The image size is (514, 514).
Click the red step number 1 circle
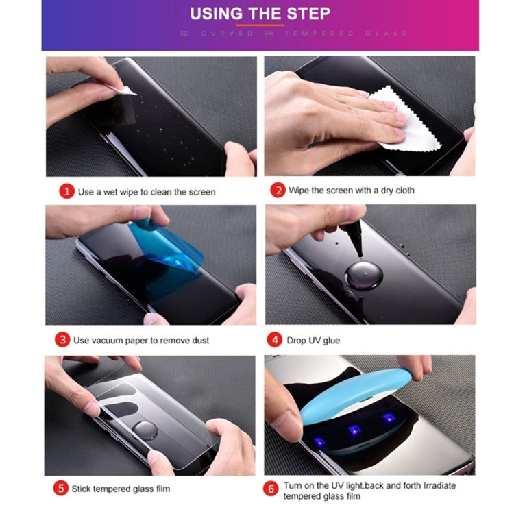coord(66,192)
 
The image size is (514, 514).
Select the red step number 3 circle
coord(62,339)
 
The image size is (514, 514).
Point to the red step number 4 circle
coord(275,339)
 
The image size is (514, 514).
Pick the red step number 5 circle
coord(62,489)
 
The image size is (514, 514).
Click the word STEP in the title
coord(306,13)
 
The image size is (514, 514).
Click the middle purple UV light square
coord(354,430)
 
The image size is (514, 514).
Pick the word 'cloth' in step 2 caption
coord(402,191)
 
